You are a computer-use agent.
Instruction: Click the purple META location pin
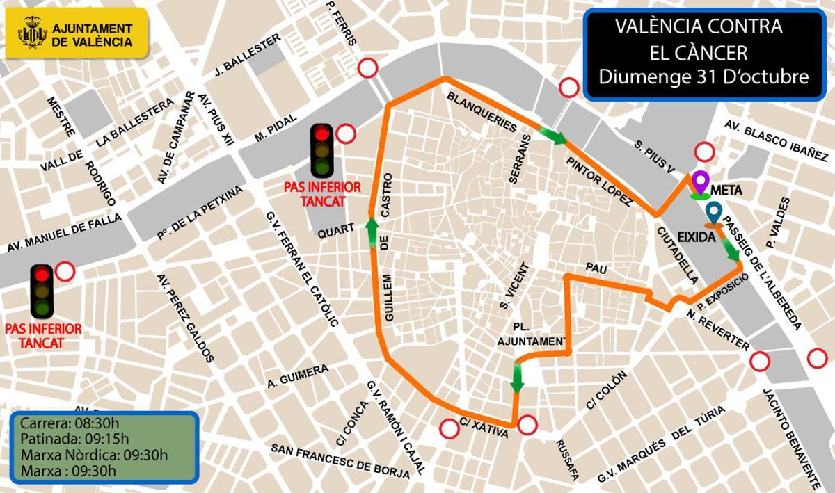pyautogui.click(x=700, y=182)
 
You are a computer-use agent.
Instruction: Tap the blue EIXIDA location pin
pyautogui.click(x=713, y=213)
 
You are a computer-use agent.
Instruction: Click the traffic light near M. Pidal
pyautogui.click(x=321, y=150)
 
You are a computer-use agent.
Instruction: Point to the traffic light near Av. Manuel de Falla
pyautogui.click(x=42, y=291)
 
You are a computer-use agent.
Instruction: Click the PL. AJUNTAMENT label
pyautogui.click(x=532, y=334)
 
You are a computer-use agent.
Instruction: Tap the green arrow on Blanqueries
pyautogui.click(x=553, y=135)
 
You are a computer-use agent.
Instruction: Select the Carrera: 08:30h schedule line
pyautogui.click(x=70, y=423)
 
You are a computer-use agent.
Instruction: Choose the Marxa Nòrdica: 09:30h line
pyautogui.click(x=94, y=455)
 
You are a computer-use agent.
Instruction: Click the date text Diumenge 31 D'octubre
pyautogui.click(x=703, y=76)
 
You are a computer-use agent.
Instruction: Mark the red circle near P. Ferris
pyautogui.click(x=367, y=68)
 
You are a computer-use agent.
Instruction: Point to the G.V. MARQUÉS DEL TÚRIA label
pyautogui.click(x=661, y=444)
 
